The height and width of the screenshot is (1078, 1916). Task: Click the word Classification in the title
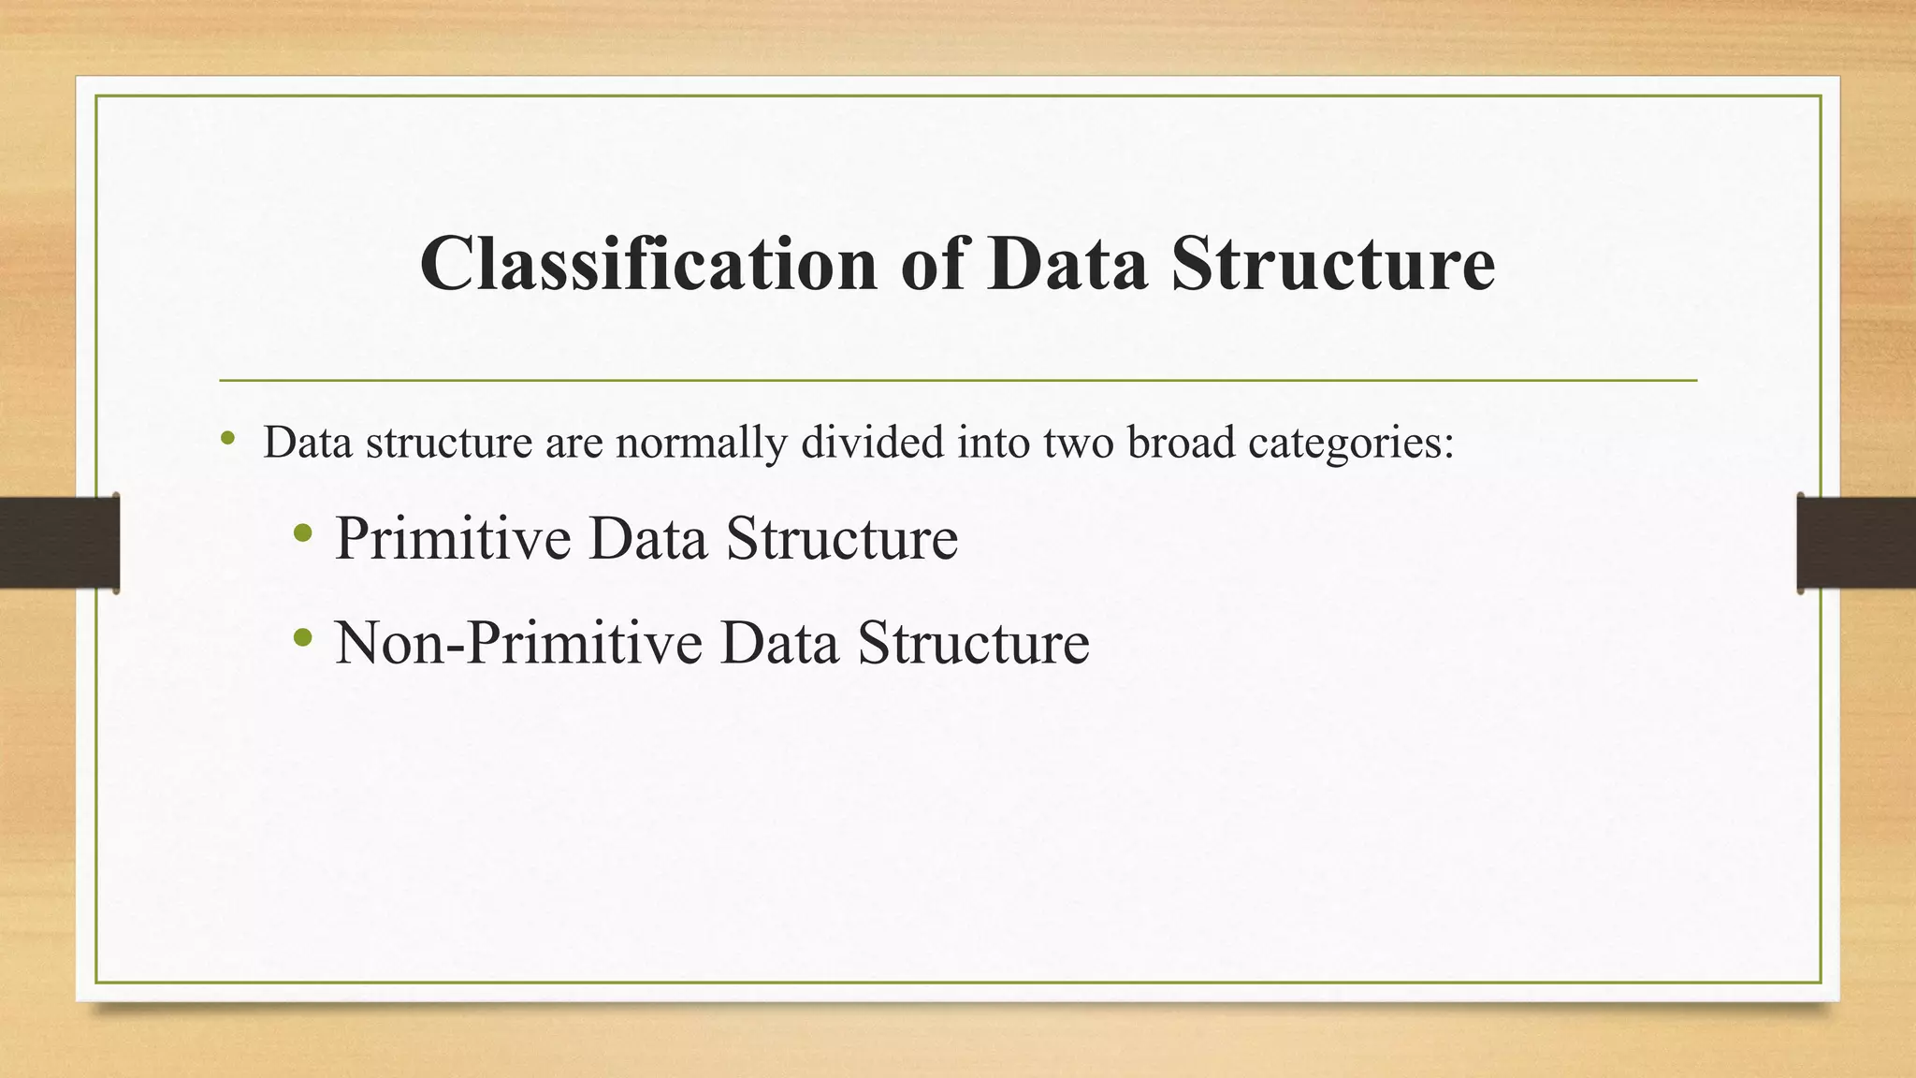(647, 264)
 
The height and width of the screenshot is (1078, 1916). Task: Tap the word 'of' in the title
(932, 264)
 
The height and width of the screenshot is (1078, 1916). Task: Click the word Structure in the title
(1333, 264)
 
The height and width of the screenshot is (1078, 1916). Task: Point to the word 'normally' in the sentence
(701, 442)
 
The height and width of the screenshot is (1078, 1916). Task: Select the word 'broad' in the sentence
(1181, 442)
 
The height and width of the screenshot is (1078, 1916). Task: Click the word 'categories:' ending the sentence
(1351, 444)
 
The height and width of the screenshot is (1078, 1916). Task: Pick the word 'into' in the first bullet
(992, 442)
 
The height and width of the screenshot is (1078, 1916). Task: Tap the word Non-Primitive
(518, 643)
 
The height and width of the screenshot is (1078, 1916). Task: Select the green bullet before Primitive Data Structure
(301, 534)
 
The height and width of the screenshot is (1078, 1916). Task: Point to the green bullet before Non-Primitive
(301, 639)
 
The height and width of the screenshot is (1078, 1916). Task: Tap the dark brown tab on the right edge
(1856, 543)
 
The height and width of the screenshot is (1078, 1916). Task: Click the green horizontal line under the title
(958, 380)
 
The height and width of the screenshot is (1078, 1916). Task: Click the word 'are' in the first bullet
(573, 444)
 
